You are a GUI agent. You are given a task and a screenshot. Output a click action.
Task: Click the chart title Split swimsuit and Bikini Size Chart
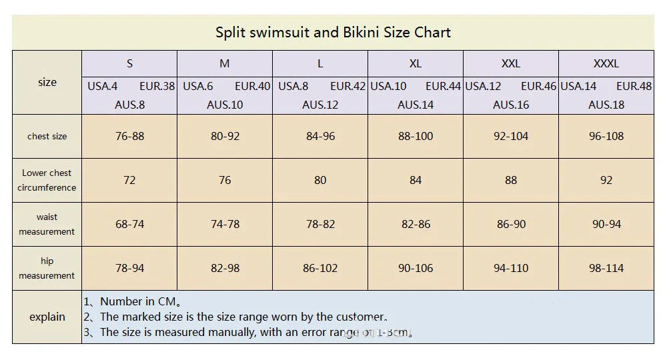[x=333, y=32]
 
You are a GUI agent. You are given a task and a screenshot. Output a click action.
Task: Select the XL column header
[x=416, y=64]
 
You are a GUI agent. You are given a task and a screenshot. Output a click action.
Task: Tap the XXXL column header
[x=606, y=64]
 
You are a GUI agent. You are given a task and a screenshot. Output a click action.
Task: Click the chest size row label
[x=47, y=136]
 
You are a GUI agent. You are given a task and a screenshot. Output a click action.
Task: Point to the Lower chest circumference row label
[x=47, y=180]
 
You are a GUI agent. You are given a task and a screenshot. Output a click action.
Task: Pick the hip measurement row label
[x=47, y=268]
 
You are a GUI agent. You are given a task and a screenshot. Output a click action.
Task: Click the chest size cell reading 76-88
[x=129, y=136]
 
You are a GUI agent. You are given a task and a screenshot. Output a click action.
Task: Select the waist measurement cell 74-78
[x=225, y=224]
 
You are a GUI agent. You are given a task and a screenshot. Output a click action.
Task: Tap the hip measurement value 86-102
[x=320, y=268]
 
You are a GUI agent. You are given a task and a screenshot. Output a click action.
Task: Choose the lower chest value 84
[x=416, y=180]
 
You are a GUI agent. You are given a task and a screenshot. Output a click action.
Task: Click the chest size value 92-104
[x=511, y=136]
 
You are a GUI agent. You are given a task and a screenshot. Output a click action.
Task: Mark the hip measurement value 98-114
[x=606, y=268]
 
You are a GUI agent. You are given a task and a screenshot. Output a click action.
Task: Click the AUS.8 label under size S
[x=129, y=105]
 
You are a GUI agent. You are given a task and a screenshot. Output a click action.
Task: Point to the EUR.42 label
[x=348, y=86]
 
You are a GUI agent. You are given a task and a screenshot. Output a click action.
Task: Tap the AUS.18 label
[x=606, y=105]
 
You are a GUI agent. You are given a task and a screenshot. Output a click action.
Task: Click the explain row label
[x=47, y=317]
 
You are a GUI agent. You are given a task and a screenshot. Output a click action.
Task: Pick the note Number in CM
[x=132, y=301]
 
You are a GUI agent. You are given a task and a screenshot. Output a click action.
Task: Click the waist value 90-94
[x=606, y=224]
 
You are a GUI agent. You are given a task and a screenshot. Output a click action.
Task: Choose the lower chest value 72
[x=129, y=180]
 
